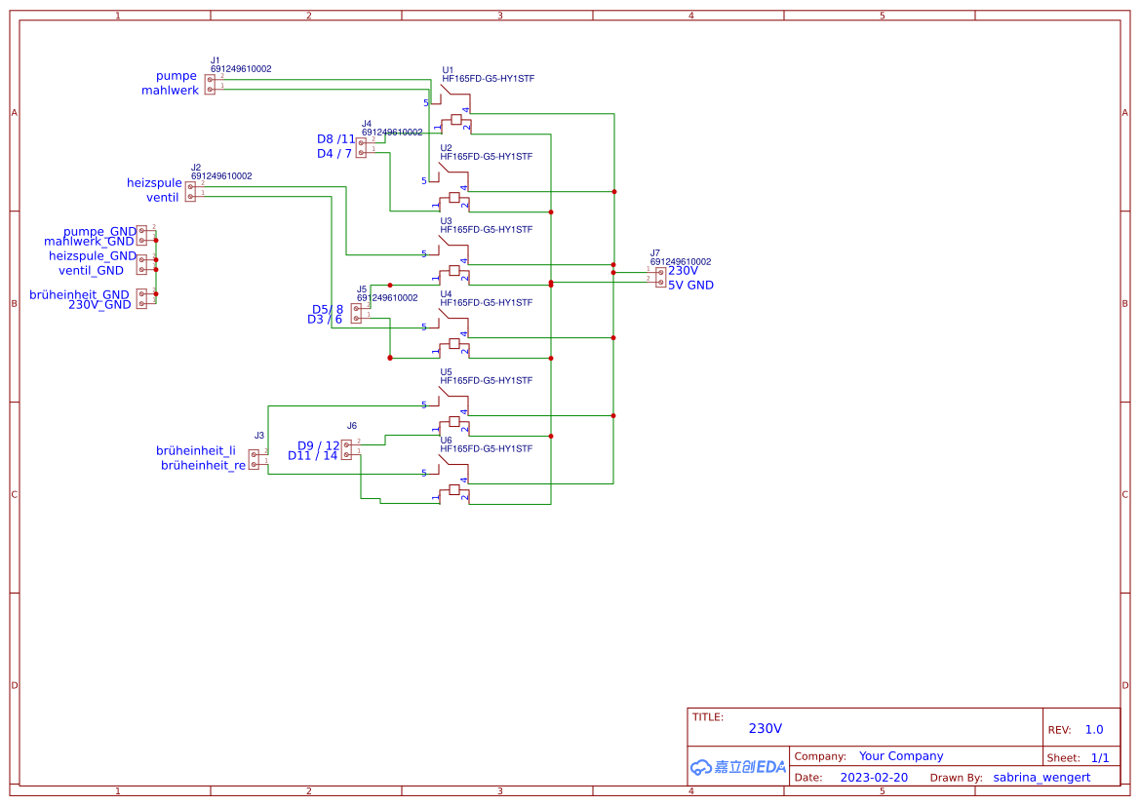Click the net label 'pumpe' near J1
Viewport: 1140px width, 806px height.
pyautogui.click(x=177, y=76)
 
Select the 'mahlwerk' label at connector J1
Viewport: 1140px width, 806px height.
pyautogui.click(x=170, y=91)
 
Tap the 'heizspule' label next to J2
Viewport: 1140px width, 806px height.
pyautogui.click(x=154, y=183)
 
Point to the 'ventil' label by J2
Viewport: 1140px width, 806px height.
pyautogui.click(x=162, y=198)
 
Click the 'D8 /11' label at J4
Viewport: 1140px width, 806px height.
pyautogui.click(x=336, y=139)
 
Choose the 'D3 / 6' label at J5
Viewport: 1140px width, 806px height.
pyautogui.click(x=325, y=320)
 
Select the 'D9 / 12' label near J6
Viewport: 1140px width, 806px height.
pyautogui.click(x=318, y=446)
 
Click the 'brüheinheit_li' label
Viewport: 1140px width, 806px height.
pyautogui.click(x=196, y=451)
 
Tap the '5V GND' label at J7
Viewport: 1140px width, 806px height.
pyautogui.click(x=690, y=286)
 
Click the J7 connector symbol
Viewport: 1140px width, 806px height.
pyautogui.click(x=660, y=277)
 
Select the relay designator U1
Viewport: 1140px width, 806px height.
pyautogui.click(x=448, y=70)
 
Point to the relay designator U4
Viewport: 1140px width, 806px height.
pyautogui.click(x=446, y=294)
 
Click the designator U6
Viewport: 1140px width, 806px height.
pyautogui.click(x=446, y=441)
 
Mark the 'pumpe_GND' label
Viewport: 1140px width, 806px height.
pyautogui.click(x=99, y=232)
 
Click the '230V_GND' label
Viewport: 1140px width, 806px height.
pyautogui.click(x=99, y=305)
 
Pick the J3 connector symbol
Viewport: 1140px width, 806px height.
pyautogui.click(x=254, y=459)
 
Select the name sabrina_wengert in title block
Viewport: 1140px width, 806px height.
pyautogui.click(x=1042, y=778)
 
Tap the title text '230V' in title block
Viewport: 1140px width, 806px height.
pyautogui.click(x=765, y=729)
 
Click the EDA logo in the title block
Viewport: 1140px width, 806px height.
pyautogui.click(x=737, y=767)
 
